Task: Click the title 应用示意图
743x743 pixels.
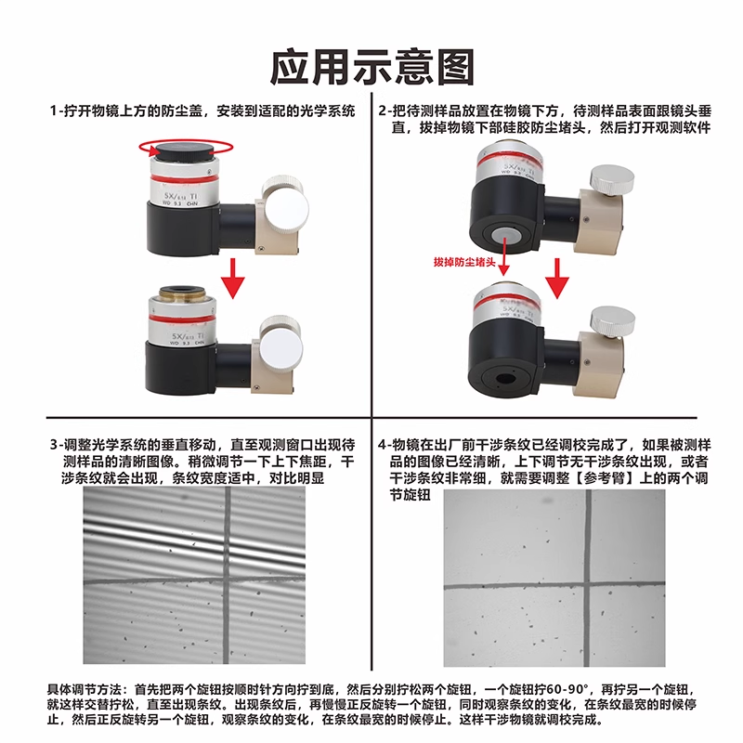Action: point(372,67)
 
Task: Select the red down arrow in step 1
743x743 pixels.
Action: point(233,279)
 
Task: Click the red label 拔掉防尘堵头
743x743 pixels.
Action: point(464,262)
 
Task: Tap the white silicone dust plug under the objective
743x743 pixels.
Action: point(505,235)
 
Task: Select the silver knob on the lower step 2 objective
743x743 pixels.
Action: point(613,320)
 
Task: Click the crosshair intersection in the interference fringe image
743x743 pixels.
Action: point(228,580)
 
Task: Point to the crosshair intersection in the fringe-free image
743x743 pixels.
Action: point(588,586)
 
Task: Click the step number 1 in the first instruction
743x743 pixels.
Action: point(54,111)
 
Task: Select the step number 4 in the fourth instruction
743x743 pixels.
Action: point(383,446)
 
